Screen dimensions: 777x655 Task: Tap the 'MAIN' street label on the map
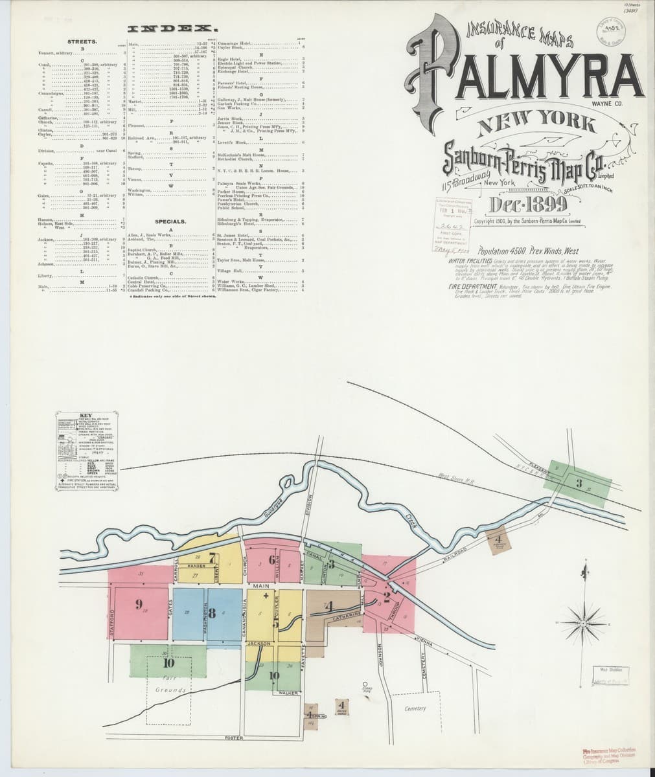tap(261, 586)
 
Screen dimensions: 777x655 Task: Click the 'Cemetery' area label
tap(415, 708)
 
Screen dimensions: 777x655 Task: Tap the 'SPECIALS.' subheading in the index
tap(171, 221)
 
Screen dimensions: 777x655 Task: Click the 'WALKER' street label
tap(288, 693)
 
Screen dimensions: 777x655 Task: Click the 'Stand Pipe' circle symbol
tap(365, 683)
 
